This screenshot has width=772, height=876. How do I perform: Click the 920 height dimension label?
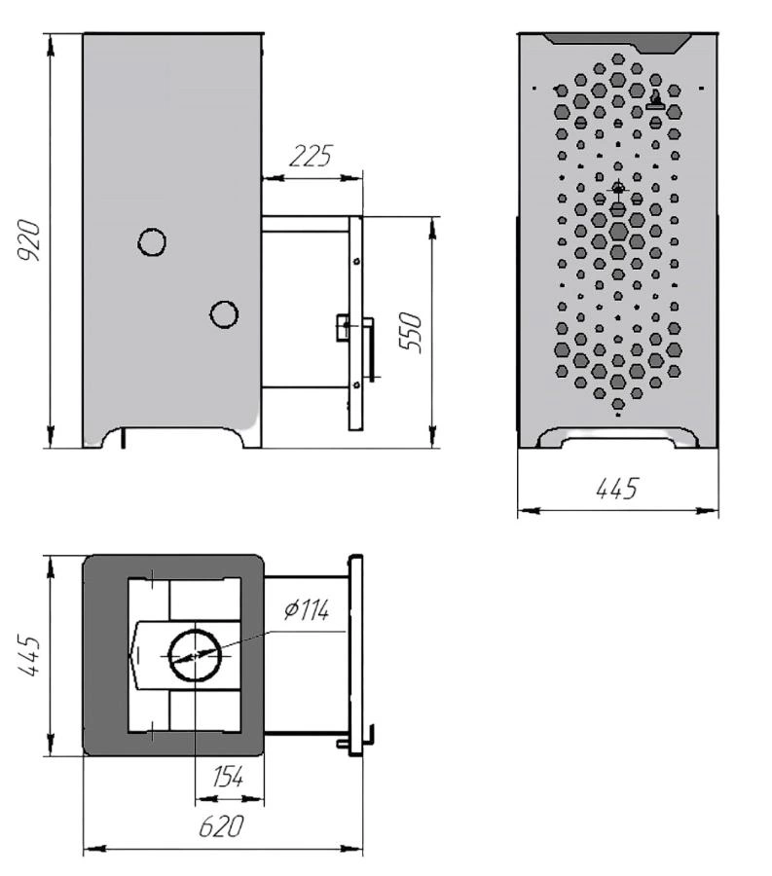pyautogui.click(x=28, y=241)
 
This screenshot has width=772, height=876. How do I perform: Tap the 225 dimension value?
pyautogui.click(x=311, y=156)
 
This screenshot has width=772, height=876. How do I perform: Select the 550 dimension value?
pyautogui.click(x=410, y=332)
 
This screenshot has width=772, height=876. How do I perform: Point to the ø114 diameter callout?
pyautogui.click(x=306, y=609)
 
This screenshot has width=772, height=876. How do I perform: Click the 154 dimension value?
pyautogui.click(x=229, y=777)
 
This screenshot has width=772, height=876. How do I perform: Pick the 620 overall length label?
pyautogui.click(x=222, y=826)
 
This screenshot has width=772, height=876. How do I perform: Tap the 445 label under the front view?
pyautogui.click(x=616, y=489)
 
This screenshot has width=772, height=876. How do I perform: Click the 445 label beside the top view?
pyautogui.click(x=29, y=655)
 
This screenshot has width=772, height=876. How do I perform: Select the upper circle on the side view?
pyautogui.click(x=152, y=242)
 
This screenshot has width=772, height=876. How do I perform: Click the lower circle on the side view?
pyautogui.click(x=224, y=314)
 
